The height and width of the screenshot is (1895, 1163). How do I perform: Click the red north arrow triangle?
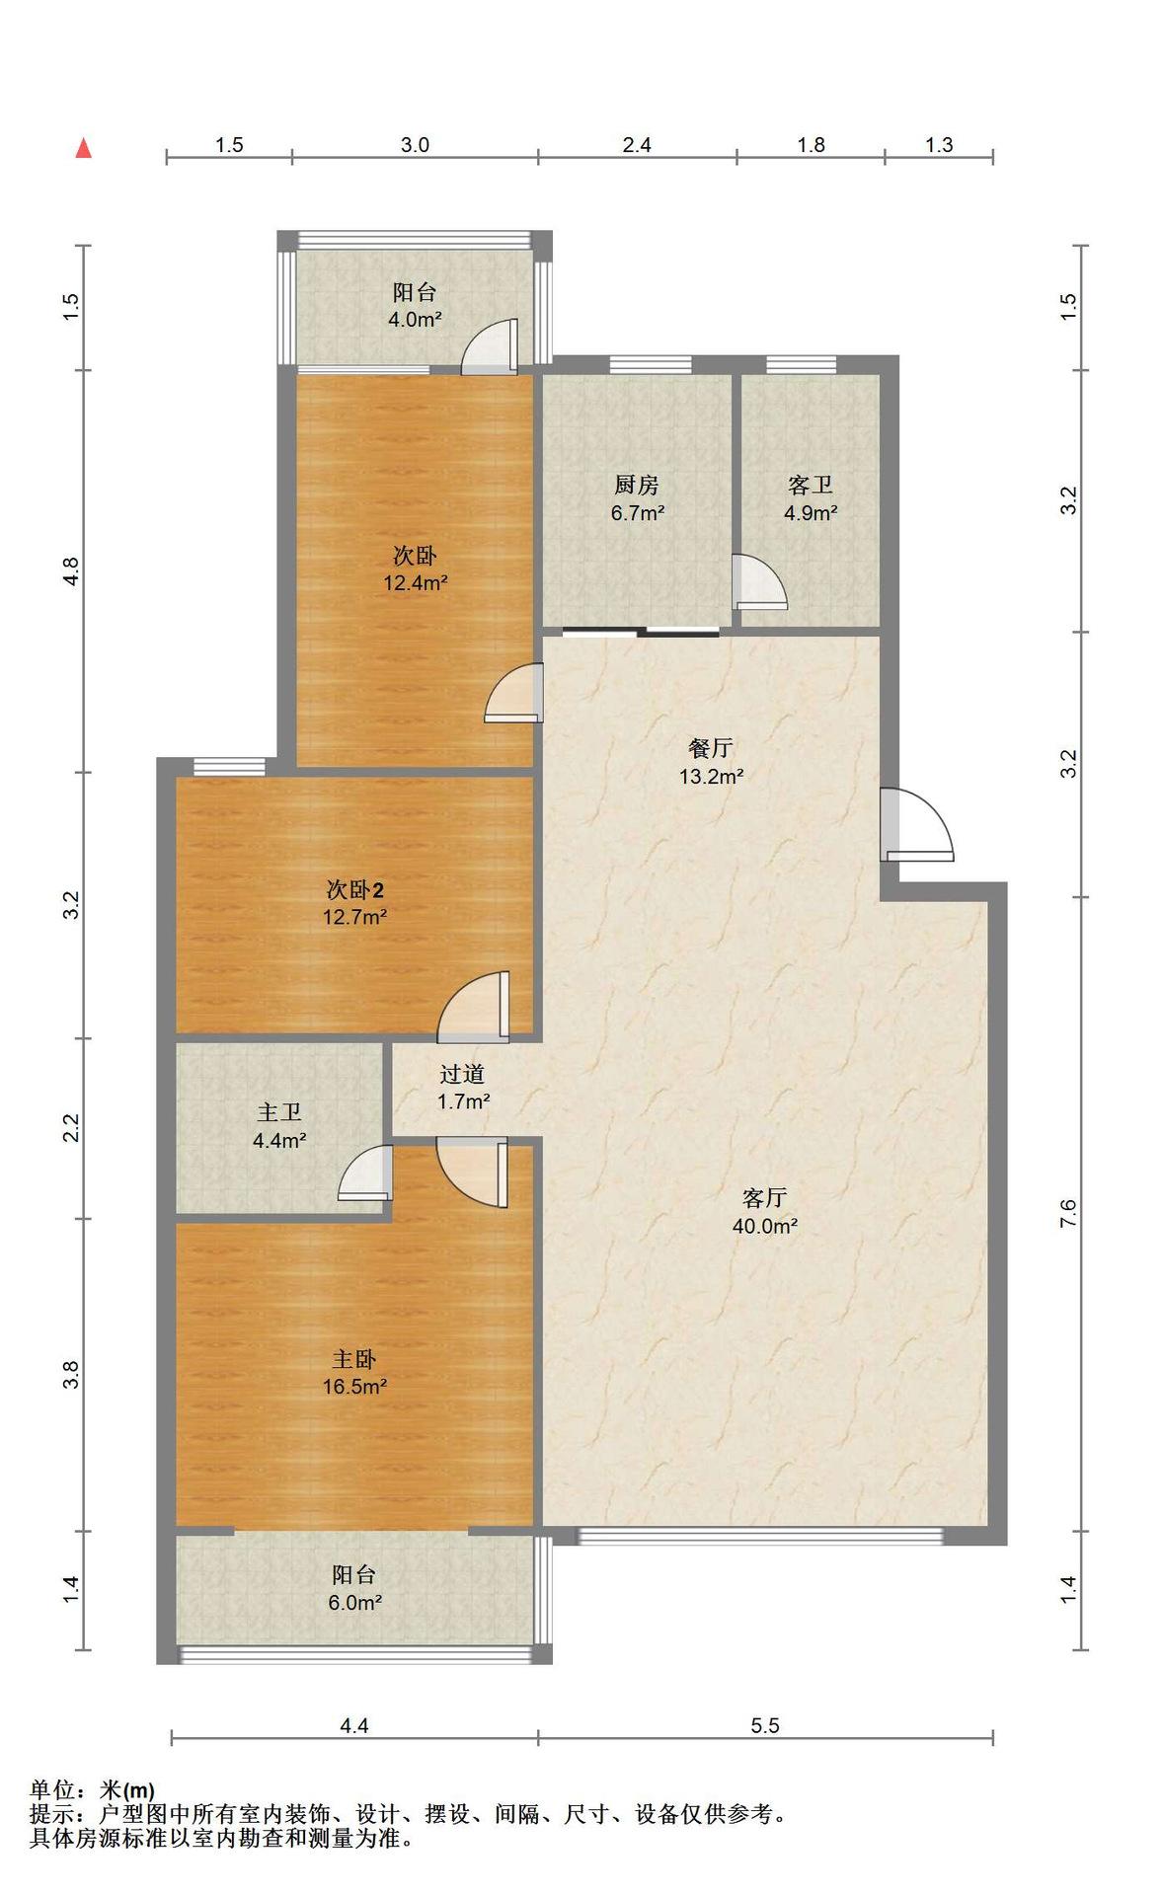[x=84, y=148]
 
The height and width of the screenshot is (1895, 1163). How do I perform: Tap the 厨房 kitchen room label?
[x=636, y=485]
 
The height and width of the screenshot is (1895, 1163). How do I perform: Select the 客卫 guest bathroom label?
[x=811, y=485]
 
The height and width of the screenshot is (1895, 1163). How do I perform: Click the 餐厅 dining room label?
[x=710, y=748]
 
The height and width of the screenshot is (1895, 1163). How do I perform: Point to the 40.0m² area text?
[x=765, y=1226]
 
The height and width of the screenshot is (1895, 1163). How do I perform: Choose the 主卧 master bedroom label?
[x=354, y=1359]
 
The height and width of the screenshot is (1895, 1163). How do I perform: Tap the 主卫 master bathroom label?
[x=279, y=1112]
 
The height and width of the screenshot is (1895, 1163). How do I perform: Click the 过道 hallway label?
[x=462, y=1074]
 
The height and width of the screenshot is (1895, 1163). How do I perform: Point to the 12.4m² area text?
[x=416, y=582]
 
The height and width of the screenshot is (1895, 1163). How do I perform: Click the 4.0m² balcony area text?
[x=415, y=319]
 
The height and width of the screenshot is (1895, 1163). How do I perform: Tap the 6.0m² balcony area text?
[x=354, y=1603]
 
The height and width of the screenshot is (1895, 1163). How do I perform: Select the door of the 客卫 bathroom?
[x=759, y=582]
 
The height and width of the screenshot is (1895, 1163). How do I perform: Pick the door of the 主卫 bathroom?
[x=365, y=1173]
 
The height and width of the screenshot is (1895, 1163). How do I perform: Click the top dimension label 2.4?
[x=637, y=145]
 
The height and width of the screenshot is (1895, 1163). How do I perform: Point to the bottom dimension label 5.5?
[x=765, y=1725]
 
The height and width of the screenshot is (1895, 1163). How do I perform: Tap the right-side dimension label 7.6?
[x=1068, y=1214]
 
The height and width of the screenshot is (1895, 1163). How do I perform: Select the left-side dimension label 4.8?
[x=70, y=571]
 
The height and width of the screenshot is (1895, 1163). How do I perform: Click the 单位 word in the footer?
[x=52, y=1789]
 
